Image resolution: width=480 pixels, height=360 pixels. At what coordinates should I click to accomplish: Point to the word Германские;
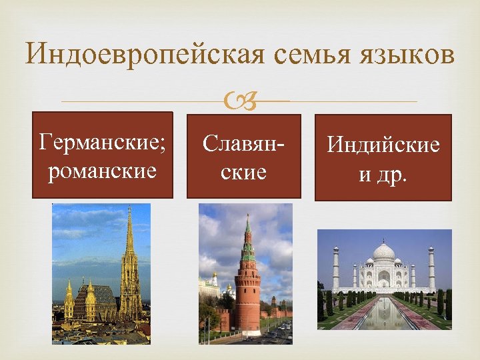(103, 142)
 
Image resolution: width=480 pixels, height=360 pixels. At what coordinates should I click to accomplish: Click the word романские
(103, 171)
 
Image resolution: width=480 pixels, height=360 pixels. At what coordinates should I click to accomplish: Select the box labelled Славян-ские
(243, 157)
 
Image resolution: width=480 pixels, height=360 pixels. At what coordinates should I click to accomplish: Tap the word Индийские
(383, 145)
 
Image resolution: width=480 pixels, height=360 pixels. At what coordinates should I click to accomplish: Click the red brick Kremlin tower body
(247, 293)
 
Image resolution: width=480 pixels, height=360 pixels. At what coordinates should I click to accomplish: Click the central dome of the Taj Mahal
(383, 253)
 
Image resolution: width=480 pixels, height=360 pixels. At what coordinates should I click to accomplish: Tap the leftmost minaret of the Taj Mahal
(335, 267)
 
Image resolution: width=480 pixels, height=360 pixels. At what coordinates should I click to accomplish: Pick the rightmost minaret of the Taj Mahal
(431, 267)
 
